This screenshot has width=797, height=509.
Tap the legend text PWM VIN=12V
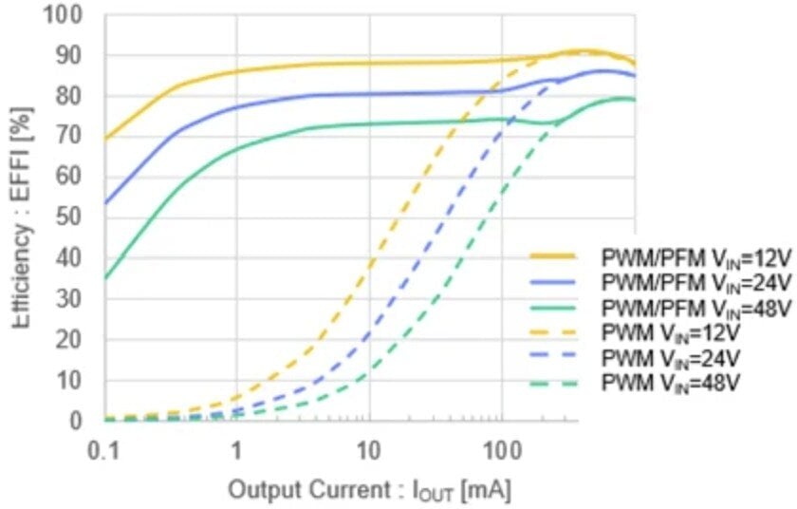click(x=671, y=333)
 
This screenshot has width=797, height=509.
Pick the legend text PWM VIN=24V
click(x=671, y=359)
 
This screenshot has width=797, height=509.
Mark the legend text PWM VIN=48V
click(x=671, y=384)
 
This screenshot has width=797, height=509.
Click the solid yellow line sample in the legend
click(x=553, y=256)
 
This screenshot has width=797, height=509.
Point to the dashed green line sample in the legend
click(x=553, y=384)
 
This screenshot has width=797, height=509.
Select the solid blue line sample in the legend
click(x=553, y=282)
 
